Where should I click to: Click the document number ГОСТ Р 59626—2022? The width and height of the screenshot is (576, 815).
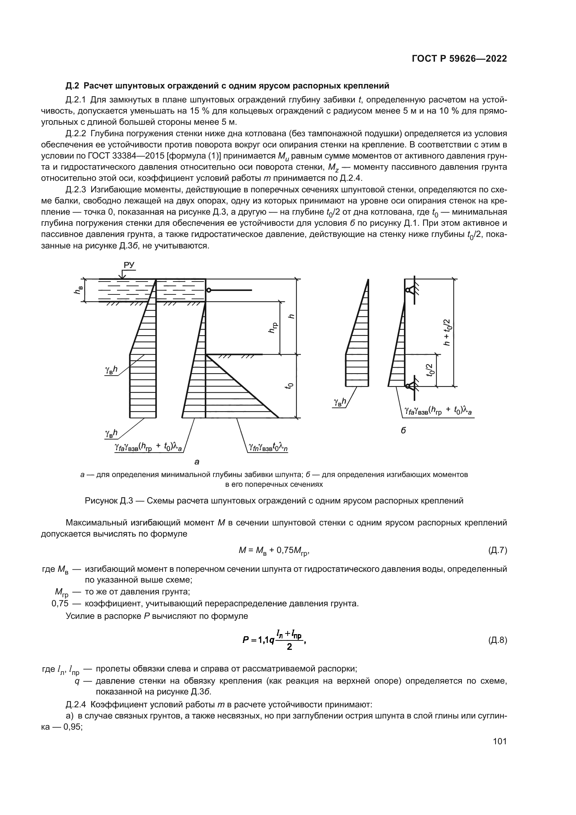[459, 59]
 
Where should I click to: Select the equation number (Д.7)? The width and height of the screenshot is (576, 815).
[498, 551]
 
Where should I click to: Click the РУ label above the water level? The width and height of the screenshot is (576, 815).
[129, 265]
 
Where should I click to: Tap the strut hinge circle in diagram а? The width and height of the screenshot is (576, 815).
[209, 290]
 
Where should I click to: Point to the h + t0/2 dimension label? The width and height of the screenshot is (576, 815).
[447, 332]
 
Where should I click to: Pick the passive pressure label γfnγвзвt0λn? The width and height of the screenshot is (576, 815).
[266, 448]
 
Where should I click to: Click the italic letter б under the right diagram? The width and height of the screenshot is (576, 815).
[403, 431]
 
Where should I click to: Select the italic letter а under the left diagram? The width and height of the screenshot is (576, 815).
[197, 462]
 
